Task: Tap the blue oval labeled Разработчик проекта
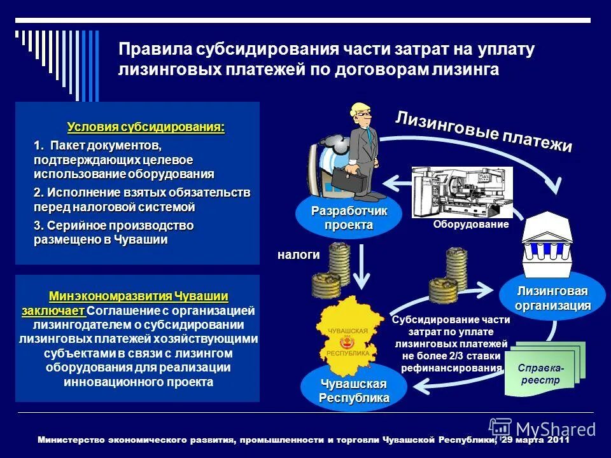(x=349, y=218)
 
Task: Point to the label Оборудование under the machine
(x=472, y=225)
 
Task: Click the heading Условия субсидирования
(x=146, y=127)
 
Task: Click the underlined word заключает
(x=53, y=311)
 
